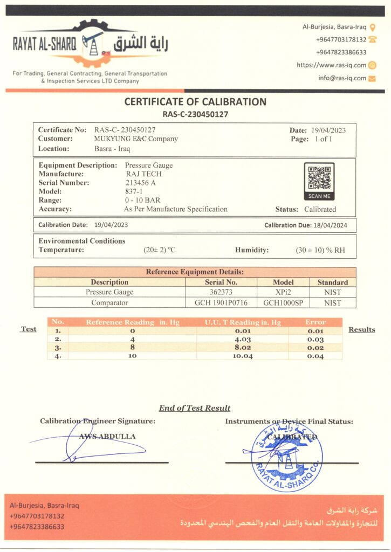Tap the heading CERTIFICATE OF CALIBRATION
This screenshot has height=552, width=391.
[x=195, y=101]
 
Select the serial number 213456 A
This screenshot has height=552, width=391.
[x=141, y=183]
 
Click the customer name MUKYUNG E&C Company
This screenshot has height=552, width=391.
[x=136, y=139]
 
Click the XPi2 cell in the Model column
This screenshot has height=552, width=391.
[x=283, y=292]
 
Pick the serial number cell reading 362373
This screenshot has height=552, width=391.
[x=221, y=292]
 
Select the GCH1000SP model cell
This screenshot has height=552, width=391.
[x=283, y=303]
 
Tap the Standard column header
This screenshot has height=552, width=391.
[x=332, y=282]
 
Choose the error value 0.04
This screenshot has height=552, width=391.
[x=315, y=356]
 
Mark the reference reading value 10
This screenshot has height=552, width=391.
[x=132, y=356]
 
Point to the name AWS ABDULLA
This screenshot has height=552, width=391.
[x=107, y=436]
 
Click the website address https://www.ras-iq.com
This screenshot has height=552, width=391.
[x=331, y=65]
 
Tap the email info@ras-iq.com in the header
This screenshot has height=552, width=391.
[x=342, y=78]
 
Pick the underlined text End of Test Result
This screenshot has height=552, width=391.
[x=195, y=408]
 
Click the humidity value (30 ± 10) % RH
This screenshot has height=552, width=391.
[x=320, y=250]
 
